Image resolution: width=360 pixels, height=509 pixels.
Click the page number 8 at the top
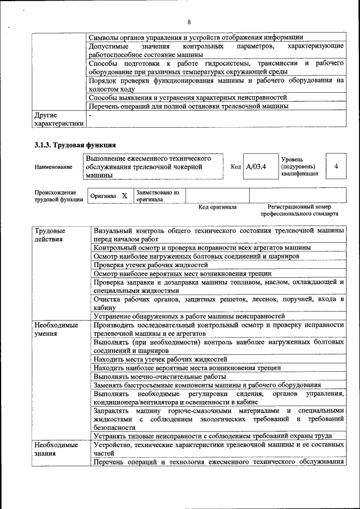pyautogui.click(x=189, y=22)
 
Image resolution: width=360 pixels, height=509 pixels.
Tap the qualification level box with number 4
pyautogui.click(x=336, y=166)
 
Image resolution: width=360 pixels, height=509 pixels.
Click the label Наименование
pyautogui.click(x=53, y=167)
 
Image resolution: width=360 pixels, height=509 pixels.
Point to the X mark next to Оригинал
pyautogui.click(x=124, y=196)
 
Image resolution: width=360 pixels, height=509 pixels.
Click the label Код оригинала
pyautogui.click(x=218, y=207)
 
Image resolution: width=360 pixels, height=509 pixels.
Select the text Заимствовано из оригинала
pyautogui.click(x=157, y=196)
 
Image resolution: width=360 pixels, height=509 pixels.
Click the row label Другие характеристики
pyautogui.click(x=58, y=119)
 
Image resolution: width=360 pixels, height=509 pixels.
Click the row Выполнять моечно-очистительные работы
pyautogui.click(x=160, y=376)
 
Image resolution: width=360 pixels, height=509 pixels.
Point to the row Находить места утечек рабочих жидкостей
pyautogui.click(x=160, y=359)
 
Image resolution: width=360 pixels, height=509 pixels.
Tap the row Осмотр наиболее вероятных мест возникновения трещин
pyautogui.click(x=182, y=273)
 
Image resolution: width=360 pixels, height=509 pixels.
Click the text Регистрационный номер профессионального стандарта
pyautogui.click(x=299, y=210)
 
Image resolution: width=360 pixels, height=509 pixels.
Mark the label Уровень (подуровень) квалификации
pyautogui.click(x=299, y=166)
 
